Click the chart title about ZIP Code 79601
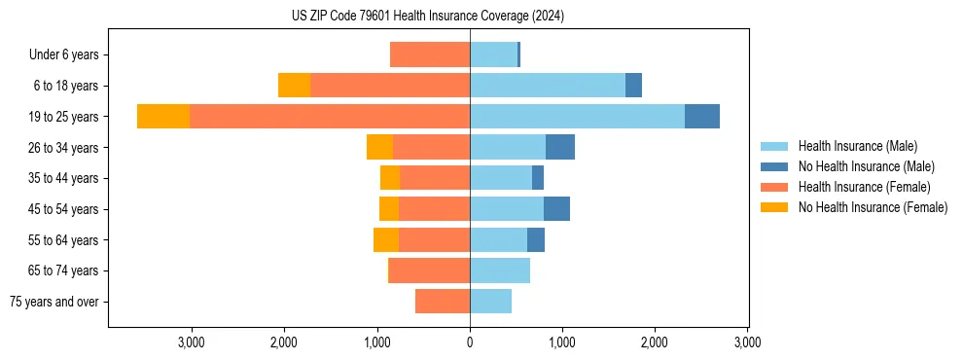coord(427,17)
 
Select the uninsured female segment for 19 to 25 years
coord(163,117)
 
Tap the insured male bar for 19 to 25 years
coord(577,117)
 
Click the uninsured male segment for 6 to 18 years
coord(633,86)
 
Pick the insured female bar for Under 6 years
coord(430,54)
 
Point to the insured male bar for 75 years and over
coord(490,302)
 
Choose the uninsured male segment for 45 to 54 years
coord(556,209)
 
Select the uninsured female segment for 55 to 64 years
coord(386,240)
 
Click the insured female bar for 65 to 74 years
coord(430,270)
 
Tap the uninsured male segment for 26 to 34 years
coord(560,148)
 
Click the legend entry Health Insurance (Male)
coord(857,146)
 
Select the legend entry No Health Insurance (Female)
coord(873,207)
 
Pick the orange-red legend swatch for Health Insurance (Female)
coord(775,187)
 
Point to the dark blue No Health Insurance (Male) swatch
coord(775,166)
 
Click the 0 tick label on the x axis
coord(470,342)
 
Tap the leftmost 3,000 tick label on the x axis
coord(191,342)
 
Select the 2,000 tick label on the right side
coord(655,342)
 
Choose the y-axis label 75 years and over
coord(53,302)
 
